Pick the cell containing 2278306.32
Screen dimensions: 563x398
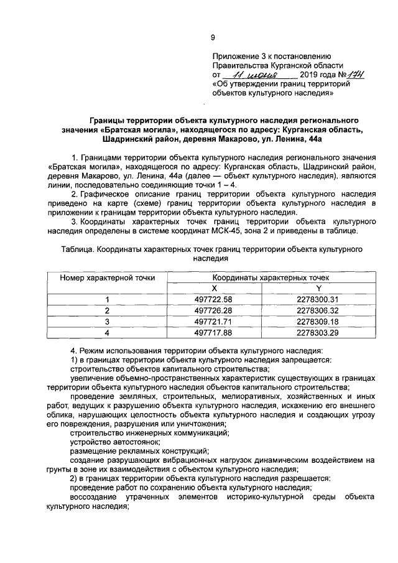click(x=317, y=310)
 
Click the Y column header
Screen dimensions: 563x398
click(x=318, y=288)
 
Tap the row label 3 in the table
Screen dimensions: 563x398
click(x=107, y=322)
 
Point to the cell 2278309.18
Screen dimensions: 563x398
click(x=317, y=322)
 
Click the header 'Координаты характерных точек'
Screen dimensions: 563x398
click(x=266, y=277)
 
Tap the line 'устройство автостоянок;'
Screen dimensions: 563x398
click(x=111, y=442)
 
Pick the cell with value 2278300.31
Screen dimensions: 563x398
click(x=317, y=299)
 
